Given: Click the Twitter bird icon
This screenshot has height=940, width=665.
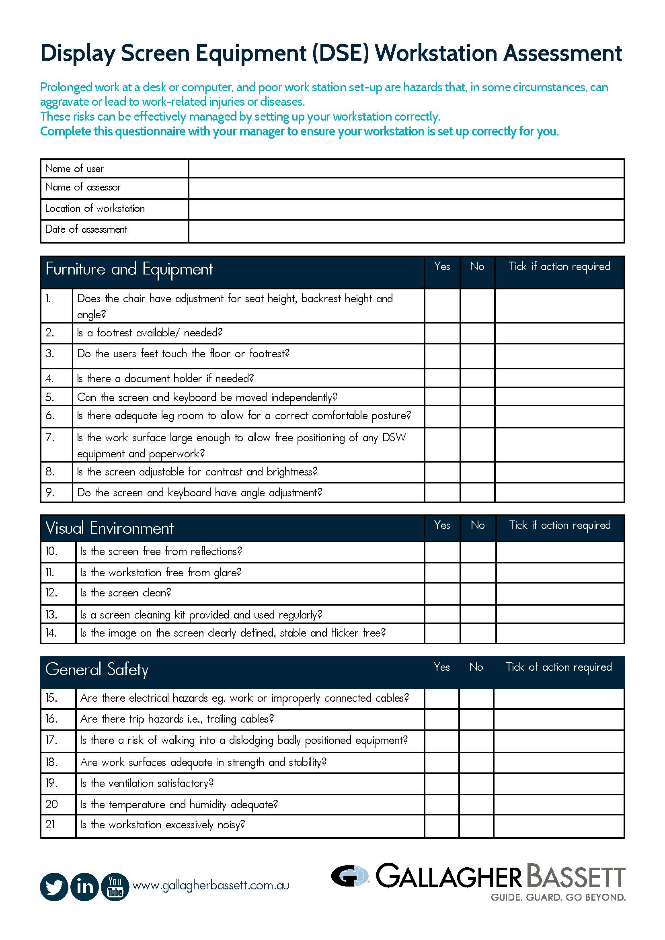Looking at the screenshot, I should pyautogui.click(x=54, y=887).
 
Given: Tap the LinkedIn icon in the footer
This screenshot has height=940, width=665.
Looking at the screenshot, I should pyautogui.click(x=85, y=887).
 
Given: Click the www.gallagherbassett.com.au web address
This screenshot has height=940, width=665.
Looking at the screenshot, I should pyautogui.click(x=211, y=886).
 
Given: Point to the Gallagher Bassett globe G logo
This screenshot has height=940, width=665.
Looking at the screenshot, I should pyautogui.click(x=350, y=876).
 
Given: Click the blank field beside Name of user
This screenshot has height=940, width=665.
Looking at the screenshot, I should pyautogui.click(x=406, y=168).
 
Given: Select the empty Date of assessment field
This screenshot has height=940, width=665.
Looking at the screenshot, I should pyautogui.click(x=406, y=231).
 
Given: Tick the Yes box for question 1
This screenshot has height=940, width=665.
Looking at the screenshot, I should pyautogui.click(x=442, y=305).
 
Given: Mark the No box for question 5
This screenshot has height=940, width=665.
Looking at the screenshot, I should pyautogui.click(x=478, y=397).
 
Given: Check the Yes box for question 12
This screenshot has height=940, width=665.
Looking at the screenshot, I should pyautogui.click(x=442, y=593).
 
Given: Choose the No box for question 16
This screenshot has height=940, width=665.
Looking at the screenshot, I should pyautogui.click(x=476, y=719).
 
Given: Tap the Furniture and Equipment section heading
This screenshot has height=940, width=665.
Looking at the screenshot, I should pyautogui.click(x=129, y=269).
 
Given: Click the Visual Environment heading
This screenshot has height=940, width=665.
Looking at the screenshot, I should pyautogui.click(x=109, y=528).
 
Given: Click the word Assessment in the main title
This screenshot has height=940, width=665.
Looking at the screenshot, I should pyautogui.click(x=562, y=53).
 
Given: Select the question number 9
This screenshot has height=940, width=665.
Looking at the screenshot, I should pyautogui.click(x=49, y=493).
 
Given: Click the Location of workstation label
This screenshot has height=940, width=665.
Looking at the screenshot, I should pyautogui.click(x=95, y=209).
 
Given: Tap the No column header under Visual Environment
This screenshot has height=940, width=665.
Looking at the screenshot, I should pyautogui.click(x=478, y=525).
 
